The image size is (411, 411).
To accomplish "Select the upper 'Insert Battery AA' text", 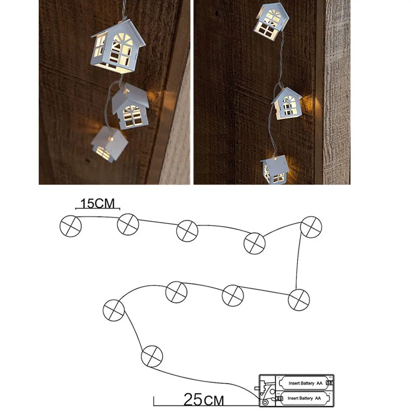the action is point(302,383).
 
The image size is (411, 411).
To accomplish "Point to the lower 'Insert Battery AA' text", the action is point(302,398).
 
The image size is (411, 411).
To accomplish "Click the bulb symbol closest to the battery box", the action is point(152,356).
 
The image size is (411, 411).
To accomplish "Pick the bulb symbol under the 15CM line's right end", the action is point(128,224).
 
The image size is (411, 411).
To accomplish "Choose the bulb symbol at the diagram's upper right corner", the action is point(311,226).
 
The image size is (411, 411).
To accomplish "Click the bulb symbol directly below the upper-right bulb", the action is point(298,299).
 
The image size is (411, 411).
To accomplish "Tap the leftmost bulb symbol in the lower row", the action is point(113,311).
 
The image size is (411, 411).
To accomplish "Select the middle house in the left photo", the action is point(129,106).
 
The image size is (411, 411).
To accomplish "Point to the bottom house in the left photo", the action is point(108,144).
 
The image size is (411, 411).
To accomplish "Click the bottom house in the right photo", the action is point(274,170).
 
